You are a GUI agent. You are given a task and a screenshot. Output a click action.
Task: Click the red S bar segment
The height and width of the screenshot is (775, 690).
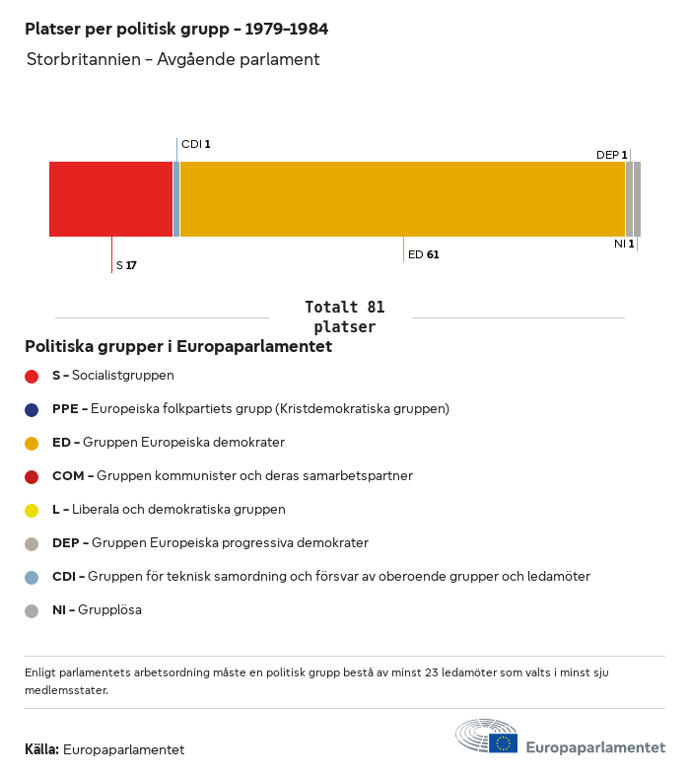pos(110,199)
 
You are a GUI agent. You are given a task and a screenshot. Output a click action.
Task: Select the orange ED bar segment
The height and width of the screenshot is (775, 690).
pos(402,199)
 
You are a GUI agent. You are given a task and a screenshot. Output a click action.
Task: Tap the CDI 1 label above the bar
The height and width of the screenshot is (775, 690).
pos(196,144)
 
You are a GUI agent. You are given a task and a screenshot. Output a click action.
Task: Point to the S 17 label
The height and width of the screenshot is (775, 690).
pos(126,265)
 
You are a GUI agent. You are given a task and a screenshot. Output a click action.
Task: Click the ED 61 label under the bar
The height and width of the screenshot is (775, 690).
pos(424,254)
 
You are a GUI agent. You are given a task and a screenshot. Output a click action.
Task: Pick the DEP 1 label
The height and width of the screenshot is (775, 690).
pos(611,155)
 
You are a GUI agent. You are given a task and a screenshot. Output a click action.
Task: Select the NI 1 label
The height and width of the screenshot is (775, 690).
pos(624,244)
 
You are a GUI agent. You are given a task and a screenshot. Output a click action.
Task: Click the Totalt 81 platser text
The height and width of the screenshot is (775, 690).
pos(344,317)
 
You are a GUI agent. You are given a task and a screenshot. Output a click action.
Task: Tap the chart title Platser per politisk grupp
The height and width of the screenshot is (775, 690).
pos(176,30)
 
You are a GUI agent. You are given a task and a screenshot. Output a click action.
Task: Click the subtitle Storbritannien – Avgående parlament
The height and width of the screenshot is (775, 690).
pos(173,59)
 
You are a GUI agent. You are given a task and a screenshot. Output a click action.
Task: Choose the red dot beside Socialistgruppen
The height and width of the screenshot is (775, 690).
pos(32,376)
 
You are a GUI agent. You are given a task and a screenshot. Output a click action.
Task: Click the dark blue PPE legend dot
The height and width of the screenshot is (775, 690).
pos(32,409)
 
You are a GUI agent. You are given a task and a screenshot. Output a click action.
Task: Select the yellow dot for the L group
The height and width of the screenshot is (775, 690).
pos(32,510)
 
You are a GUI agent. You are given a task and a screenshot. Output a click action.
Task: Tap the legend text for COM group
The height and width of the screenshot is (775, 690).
pos(233,476)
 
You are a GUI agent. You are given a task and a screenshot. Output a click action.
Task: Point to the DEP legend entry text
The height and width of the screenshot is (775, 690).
pos(210,543)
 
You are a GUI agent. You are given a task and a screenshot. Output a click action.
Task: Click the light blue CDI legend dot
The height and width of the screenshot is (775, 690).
pos(32,577)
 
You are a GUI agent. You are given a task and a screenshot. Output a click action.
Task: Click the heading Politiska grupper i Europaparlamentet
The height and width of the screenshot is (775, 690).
pos(178,347)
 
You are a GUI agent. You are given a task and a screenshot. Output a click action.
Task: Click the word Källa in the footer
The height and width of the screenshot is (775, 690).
pos(41,749)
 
